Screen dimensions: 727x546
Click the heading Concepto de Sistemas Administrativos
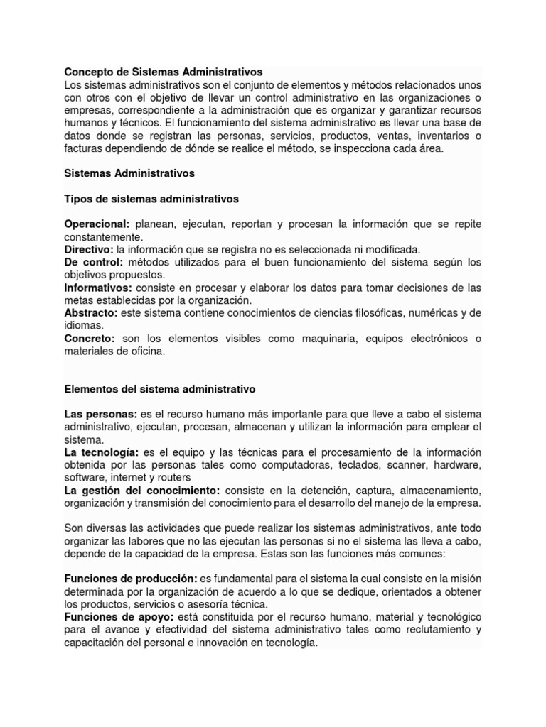[x=164, y=72]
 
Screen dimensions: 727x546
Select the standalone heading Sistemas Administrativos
[x=129, y=173]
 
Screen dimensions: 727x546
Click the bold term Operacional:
[x=97, y=224]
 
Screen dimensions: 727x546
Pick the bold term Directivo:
[x=89, y=249]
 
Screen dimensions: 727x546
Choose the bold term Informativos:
[x=98, y=288]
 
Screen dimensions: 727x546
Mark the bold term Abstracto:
[x=91, y=313]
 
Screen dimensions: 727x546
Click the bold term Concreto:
[x=90, y=339]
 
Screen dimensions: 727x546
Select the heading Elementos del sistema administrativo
[x=160, y=389]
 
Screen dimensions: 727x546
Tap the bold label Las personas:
[x=101, y=414]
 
